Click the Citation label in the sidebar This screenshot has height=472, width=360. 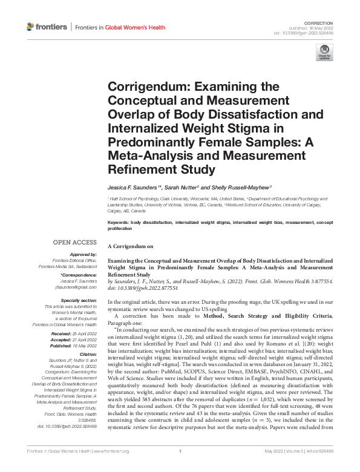tap(88, 355)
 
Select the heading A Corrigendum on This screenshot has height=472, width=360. tap(129, 246)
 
